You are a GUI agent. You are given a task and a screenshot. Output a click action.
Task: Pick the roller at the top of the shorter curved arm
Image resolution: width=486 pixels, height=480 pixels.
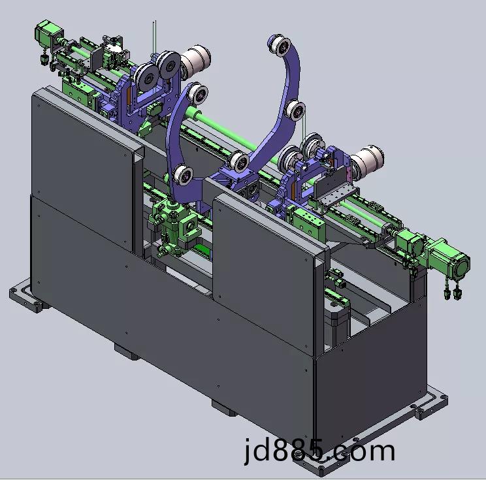(x=197, y=94)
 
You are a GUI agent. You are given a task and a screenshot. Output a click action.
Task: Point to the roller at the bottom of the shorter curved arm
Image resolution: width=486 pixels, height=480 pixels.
(x=183, y=175)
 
